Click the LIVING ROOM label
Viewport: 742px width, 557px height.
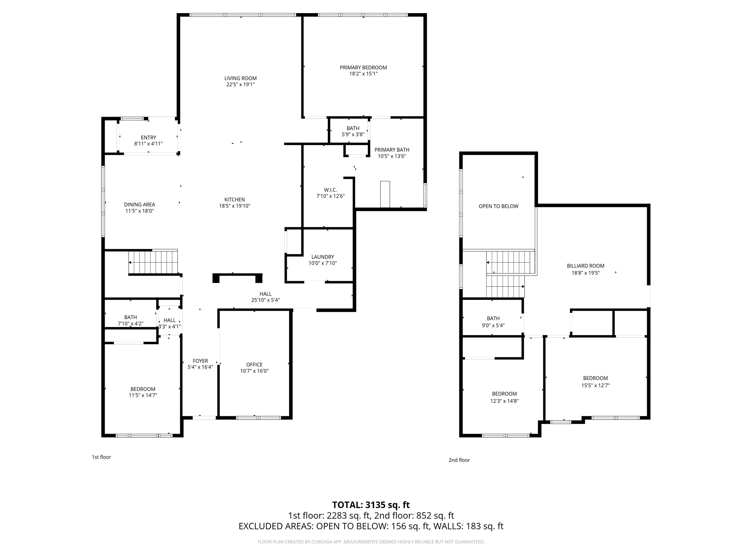point(240,78)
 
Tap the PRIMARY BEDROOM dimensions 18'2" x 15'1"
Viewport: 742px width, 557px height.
point(363,74)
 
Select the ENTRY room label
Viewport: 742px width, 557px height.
point(148,137)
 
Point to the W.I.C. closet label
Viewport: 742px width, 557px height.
point(330,190)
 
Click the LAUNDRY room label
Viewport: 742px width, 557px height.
point(322,257)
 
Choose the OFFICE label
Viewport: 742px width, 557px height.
point(254,365)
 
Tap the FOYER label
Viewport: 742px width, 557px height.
point(200,361)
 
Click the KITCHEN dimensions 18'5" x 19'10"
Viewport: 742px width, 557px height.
point(234,206)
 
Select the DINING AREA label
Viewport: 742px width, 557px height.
point(139,205)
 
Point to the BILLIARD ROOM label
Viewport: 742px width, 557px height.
point(585,266)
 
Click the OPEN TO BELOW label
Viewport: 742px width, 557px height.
point(498,206)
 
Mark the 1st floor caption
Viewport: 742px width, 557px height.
point(101,457)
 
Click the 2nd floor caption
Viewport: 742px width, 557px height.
point(459,460)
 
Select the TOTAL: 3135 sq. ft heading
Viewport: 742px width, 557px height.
point(371,505)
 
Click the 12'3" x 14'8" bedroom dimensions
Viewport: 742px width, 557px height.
point(505,401)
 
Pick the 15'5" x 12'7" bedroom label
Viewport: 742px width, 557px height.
point(595,378)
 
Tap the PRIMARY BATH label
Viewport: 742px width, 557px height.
point(392,150)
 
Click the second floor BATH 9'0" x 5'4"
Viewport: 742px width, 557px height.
point(493,322)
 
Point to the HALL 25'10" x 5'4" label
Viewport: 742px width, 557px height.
point(265,297)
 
